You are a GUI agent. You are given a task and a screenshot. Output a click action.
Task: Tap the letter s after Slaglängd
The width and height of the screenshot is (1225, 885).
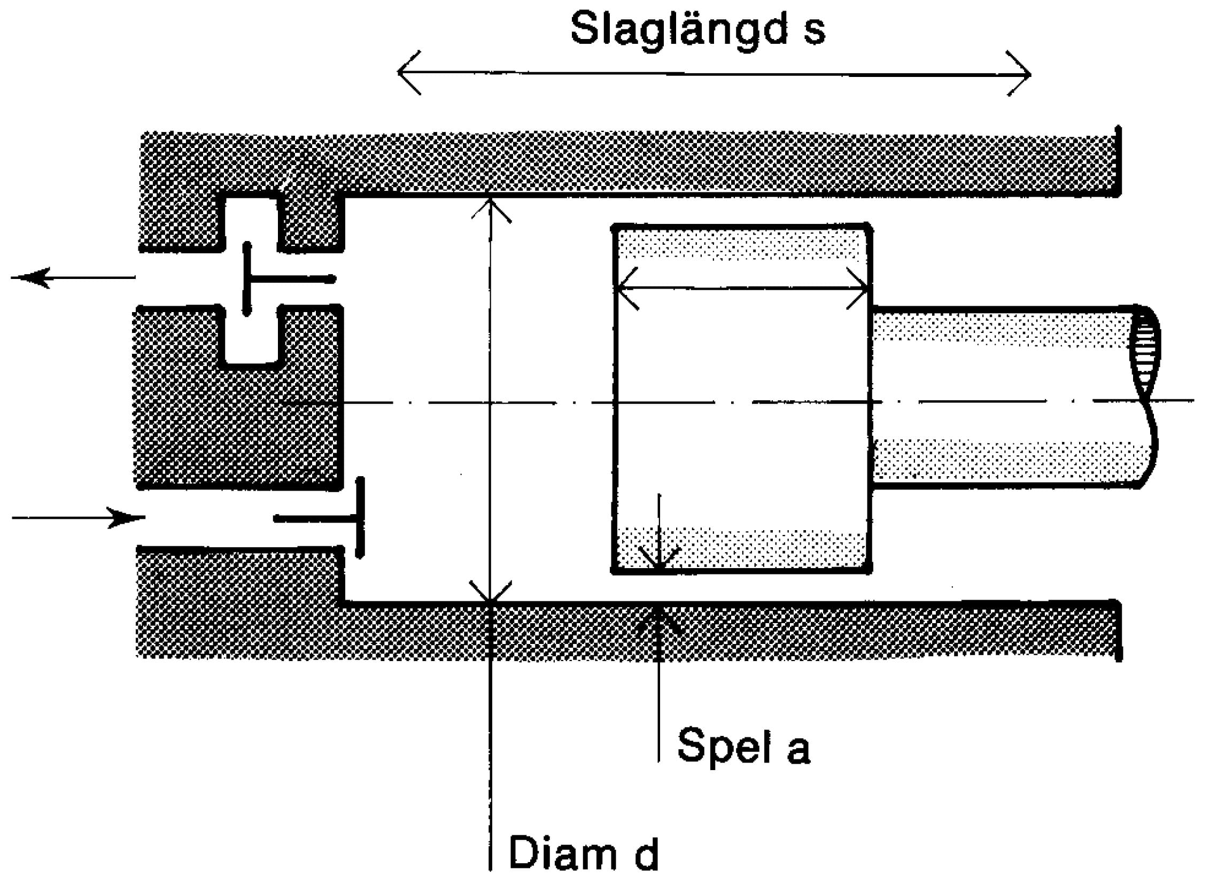pos(813,33)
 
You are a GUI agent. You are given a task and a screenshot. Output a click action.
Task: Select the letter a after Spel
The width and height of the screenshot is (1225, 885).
pos(798,750)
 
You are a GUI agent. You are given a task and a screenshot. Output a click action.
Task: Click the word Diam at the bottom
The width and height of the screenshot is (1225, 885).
pos(562,853)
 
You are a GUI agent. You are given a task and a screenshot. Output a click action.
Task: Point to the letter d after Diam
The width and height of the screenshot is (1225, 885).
pos(646,853)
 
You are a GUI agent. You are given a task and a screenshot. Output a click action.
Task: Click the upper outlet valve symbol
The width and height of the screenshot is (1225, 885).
pos(286,279)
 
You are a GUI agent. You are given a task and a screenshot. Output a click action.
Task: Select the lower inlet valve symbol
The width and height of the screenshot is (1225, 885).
pos(324,518)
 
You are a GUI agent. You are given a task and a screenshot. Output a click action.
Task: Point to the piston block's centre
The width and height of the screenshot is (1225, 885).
pos(742,400)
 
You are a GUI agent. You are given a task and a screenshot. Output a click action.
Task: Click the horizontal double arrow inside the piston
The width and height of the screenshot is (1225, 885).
pos(742,289)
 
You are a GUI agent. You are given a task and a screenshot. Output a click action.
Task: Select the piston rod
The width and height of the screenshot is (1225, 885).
pos(999,398)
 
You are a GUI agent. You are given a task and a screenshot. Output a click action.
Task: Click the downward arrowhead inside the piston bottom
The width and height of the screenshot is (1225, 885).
pos(658,562)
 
